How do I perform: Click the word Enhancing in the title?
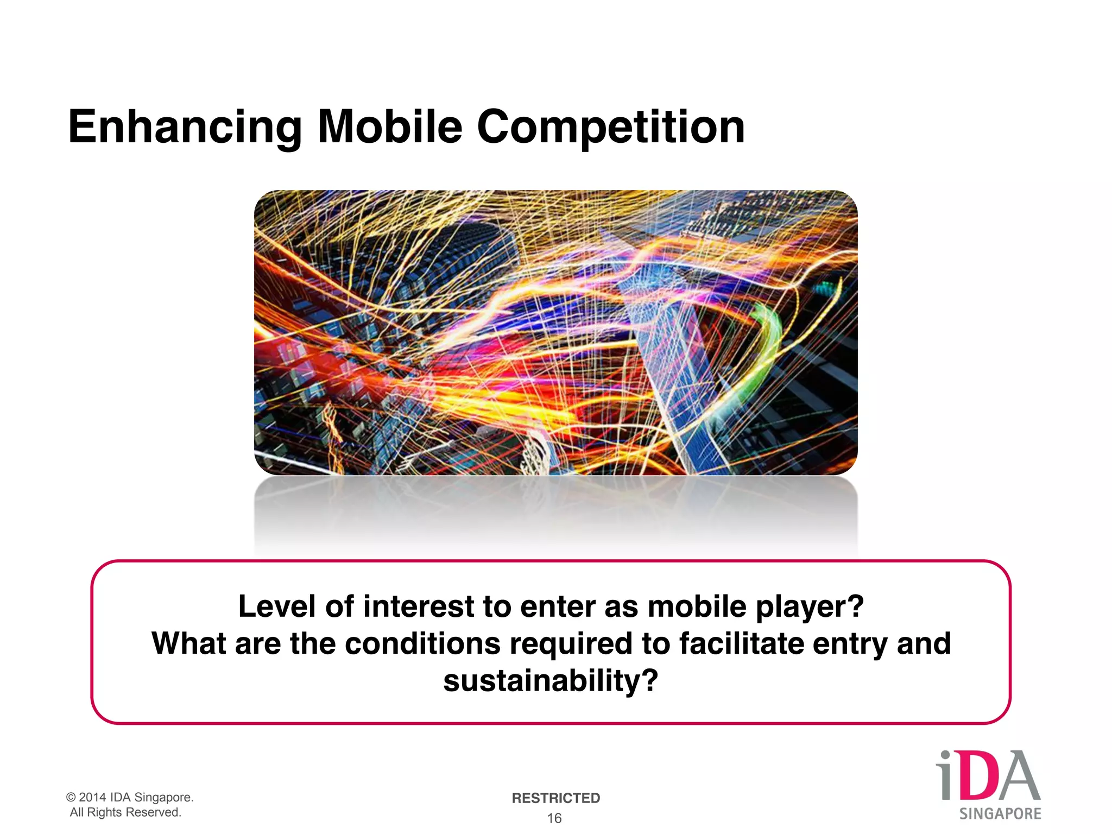point(185,127)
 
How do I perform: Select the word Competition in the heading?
point(610,127)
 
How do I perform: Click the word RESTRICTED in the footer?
point(555,798)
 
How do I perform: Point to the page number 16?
point(554,818)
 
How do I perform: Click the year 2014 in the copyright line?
point(92,797)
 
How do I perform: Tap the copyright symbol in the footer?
point(71,797)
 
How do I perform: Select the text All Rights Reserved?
point(125,812)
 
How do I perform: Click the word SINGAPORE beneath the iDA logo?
point(1000,813)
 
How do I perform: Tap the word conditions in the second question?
point(422,644)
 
